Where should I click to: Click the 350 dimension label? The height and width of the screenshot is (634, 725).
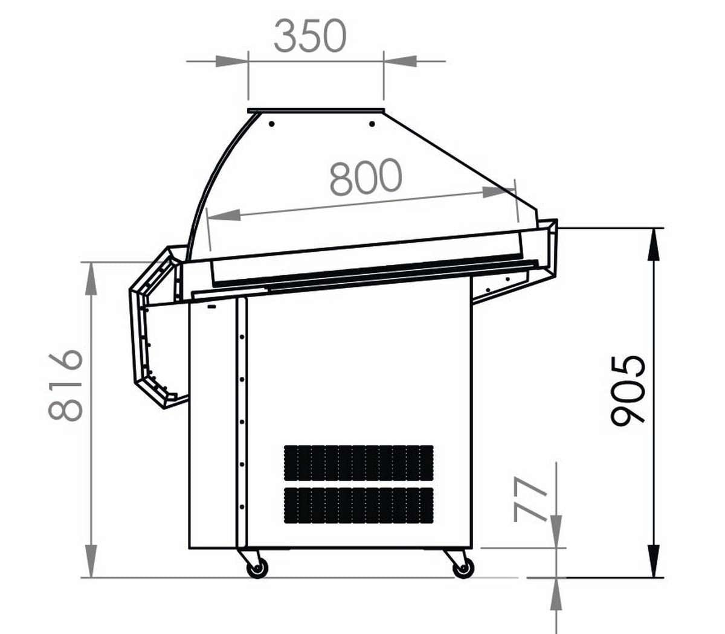point(310,36)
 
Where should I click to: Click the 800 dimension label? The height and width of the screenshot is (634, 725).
point(366,177)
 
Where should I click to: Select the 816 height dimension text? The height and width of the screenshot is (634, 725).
point(66,385)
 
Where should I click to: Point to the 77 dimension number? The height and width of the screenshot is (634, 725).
point(530,500)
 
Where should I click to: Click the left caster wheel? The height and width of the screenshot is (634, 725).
point(257,568)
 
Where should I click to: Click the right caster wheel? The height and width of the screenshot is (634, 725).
point(463,568)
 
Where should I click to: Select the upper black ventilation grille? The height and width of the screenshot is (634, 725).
point(359,463)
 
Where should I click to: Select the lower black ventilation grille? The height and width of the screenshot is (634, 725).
point(359,505)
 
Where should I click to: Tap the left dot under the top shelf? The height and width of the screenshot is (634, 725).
point(272,124)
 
